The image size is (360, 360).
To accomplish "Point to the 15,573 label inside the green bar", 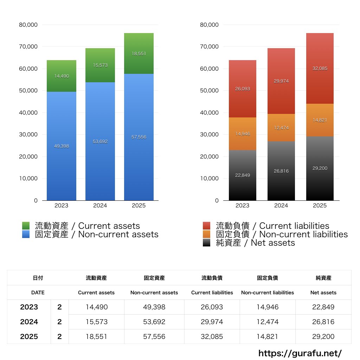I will (x=100, y=65).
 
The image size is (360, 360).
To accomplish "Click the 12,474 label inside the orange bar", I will (x=281, y=128).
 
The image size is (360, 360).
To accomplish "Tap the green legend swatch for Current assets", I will (x=26, y=226).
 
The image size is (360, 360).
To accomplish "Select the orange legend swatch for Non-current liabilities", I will (x=207, y=234).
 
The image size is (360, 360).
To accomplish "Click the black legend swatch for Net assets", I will (x=207, y=243).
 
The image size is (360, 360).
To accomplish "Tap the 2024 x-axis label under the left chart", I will (x=100, y=206).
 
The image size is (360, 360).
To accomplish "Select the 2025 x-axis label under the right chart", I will (x=320, y=206).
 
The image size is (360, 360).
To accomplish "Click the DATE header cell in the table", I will (x=38, y=292).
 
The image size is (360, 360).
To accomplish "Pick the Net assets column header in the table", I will (x=323, y=292).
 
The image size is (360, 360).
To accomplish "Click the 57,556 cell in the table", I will (x=154, y=336).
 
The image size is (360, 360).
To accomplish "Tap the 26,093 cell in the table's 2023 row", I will (x=212, y=307).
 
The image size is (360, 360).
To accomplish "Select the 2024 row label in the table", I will (x=29, y=322).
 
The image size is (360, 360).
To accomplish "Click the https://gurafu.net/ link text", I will (x=300, y=353).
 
